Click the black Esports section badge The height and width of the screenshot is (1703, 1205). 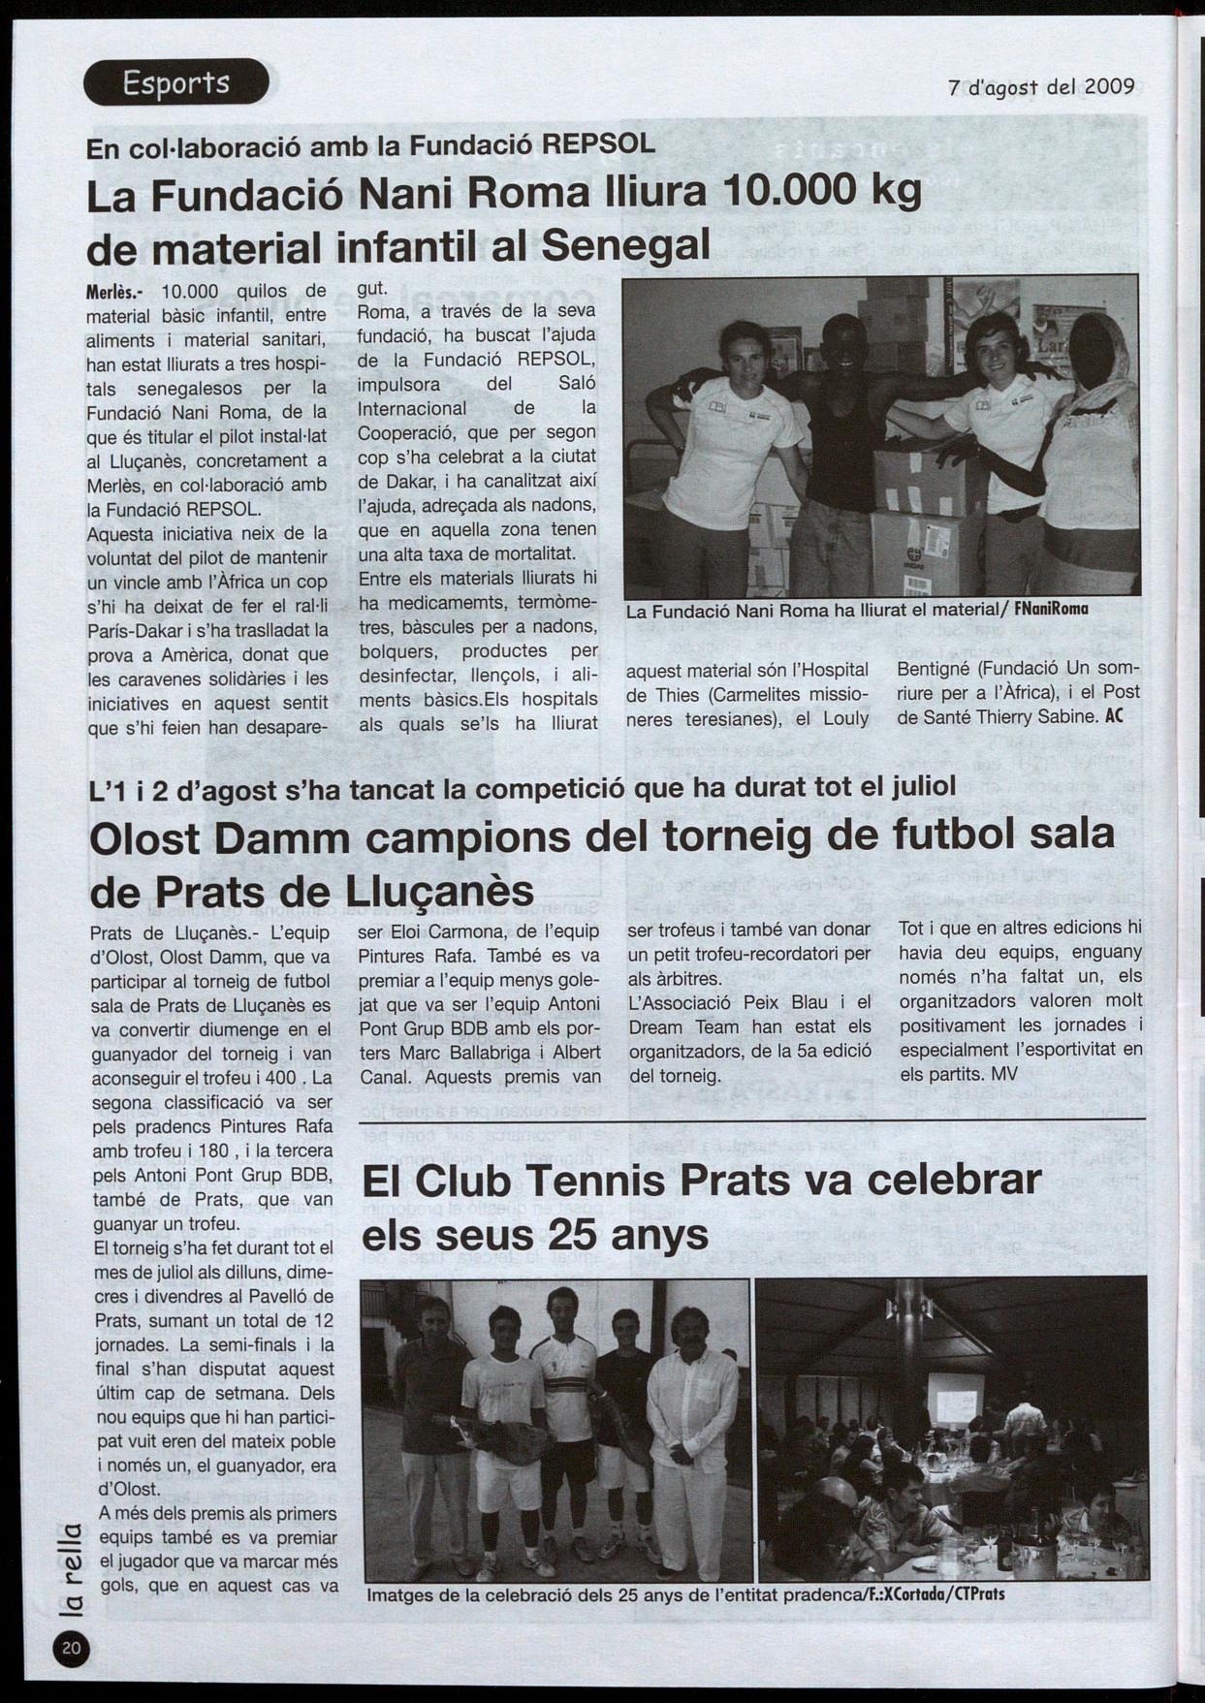coord(175,82)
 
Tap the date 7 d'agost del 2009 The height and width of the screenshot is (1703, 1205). coord(1041,86)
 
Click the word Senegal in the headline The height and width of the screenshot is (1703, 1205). coord(626,245)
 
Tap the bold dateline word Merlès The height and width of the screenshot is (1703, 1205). coord(115,292)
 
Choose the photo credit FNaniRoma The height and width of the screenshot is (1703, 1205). coord(1050,611)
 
